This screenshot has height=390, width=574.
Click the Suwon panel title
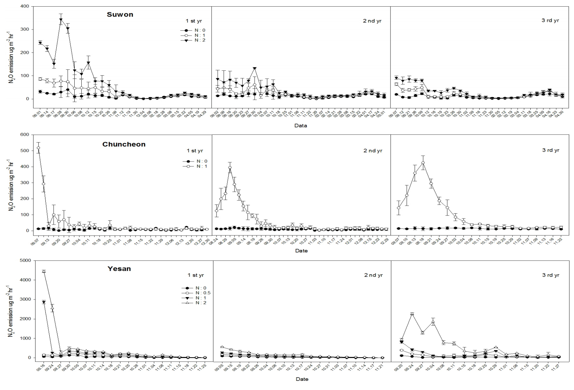(x=120, y=15)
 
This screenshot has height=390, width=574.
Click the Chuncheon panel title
(x=124, y=144)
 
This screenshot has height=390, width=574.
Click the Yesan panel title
(x=119, y=269)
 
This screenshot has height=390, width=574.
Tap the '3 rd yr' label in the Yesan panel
(x=551, y=275)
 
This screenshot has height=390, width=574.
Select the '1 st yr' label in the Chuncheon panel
(x=195, y=151)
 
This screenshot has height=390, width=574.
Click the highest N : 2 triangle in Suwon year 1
(x=61, y=20)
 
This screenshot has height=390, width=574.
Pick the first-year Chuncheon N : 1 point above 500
(x=38, y=147)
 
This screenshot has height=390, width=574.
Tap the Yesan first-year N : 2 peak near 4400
(x=44, y=271)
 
